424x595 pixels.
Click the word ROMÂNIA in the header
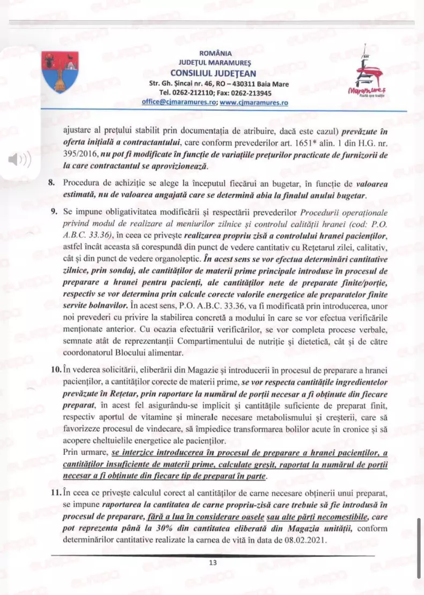tap(215, 53)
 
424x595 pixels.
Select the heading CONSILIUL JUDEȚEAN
tap(213, 73)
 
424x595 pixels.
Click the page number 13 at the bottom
tap(213, 563)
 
